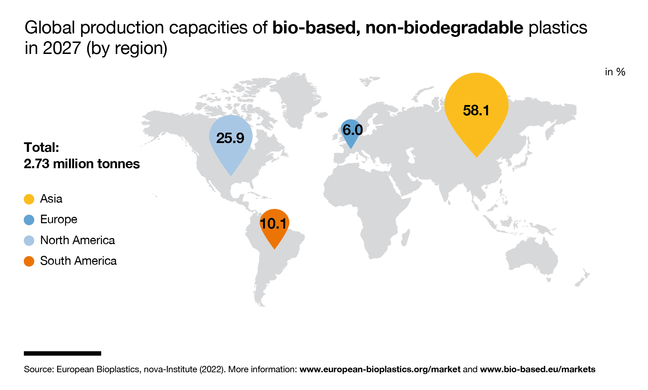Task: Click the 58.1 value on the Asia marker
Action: click(476, 110)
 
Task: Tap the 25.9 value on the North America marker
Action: click(230, 138)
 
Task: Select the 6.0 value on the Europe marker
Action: click(352, 130)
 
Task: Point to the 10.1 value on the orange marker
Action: click(273, 224)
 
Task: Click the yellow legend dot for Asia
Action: click(29, 199)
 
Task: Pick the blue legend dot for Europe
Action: click(29, 220)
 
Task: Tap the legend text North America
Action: click(77, 240)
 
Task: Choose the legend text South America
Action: click(78, 261)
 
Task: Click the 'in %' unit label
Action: click(615, 72)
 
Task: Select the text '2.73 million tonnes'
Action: click(82, 164)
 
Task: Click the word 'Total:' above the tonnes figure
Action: click(41, 147)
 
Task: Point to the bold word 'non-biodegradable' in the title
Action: click(444, 28)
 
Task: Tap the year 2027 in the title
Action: click(62, 48)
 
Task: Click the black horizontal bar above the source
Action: click(62, 353)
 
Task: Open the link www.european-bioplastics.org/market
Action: click(380, 369)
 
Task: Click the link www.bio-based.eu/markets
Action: click(537, 369)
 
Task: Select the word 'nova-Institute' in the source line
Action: click(170, 369)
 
